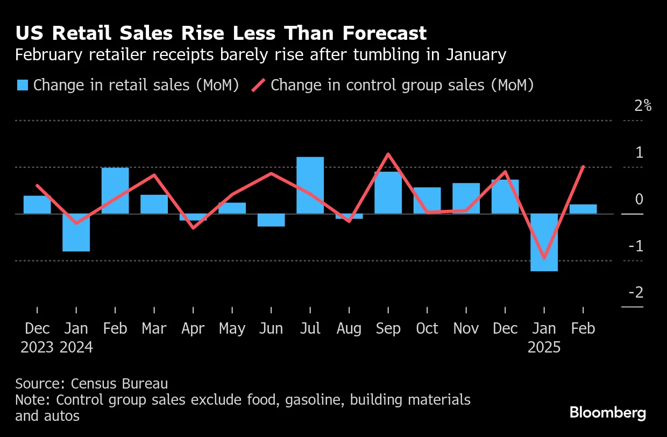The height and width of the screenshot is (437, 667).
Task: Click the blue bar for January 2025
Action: coord(544,242)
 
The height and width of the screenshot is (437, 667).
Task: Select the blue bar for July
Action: coord(310,185)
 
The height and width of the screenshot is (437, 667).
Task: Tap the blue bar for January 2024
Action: coord(76,232)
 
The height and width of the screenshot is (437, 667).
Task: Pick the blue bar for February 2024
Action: coord(115,191)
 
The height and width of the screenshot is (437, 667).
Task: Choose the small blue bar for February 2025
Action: coord(583,209)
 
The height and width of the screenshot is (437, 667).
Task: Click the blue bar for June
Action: coord(271,220)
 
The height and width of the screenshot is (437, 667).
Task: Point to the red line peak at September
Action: coord(388,154)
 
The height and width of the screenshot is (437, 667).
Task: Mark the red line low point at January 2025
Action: coord(544,258)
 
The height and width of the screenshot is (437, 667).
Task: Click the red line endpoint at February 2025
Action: coord(583,167)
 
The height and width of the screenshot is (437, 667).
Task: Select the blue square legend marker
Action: coord(22,86)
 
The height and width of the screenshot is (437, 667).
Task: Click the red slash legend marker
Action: coord(259,86)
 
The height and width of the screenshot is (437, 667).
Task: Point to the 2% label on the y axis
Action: coord(643,105)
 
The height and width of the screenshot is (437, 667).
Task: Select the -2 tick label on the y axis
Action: coord(636,293)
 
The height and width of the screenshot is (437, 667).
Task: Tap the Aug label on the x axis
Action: coord(349,328)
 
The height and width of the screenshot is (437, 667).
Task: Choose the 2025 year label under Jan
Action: coord(544,348)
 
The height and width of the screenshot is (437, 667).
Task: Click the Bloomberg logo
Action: coord(608,413)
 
